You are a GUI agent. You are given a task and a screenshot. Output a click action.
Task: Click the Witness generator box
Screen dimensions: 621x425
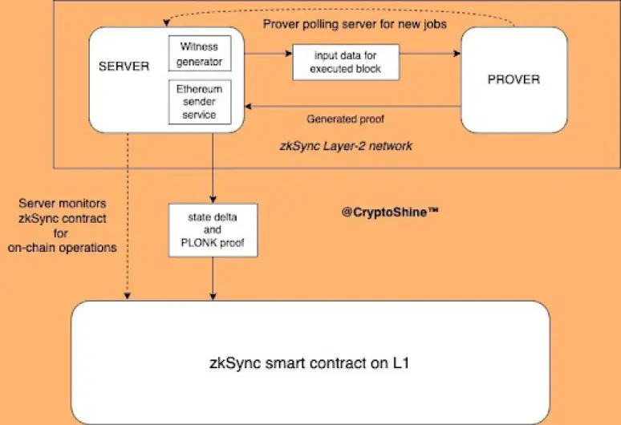click(200, 54)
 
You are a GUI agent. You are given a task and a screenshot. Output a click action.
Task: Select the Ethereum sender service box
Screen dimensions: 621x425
click(200, 102)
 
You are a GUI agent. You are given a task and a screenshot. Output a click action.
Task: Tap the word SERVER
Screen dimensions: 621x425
click(124, 66)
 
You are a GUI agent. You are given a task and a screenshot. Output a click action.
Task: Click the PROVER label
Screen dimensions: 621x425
click(513, 79)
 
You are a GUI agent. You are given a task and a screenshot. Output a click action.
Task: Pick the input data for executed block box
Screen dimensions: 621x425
click(346, 63)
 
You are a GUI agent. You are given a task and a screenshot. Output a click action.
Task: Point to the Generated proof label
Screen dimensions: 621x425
click(345, 119)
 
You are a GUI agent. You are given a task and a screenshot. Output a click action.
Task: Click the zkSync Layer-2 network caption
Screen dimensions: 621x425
click(346, 146)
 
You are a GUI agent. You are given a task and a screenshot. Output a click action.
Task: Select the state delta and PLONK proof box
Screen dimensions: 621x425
click(213, 230)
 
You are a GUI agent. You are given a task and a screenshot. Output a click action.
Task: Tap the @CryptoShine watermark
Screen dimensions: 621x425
click(390, 212)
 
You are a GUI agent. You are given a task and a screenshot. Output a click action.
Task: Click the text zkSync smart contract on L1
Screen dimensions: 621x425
click(309, 363)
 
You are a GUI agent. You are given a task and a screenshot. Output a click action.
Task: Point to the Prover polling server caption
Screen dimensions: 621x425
click(355, 24)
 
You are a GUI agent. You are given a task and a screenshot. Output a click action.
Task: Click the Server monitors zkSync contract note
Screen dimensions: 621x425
click(62, 225)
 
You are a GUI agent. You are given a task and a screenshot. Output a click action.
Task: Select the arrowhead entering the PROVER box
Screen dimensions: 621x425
click(457, 54)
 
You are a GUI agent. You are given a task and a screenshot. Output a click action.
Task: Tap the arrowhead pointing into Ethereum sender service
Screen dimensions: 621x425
click(249, 106)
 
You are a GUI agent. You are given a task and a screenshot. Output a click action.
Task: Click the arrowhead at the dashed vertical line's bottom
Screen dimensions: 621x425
click(127, 296)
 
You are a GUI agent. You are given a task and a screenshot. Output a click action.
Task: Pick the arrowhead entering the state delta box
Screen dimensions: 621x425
click(213, 200)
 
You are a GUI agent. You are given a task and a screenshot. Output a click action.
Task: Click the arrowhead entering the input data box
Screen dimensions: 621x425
click(289, 54)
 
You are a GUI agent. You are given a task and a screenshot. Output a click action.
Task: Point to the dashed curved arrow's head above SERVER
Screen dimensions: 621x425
click(166, 23)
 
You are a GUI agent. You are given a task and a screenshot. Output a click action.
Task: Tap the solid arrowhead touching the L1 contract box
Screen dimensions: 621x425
click(213, 297)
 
